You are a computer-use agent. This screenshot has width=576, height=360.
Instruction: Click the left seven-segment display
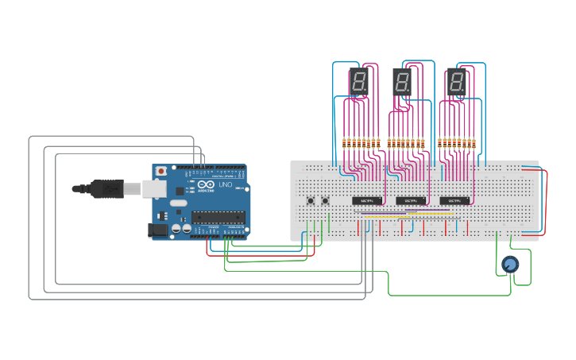point(358,81)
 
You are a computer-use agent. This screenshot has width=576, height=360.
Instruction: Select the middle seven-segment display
point(403,81)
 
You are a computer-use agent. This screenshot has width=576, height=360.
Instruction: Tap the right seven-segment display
point(456,80)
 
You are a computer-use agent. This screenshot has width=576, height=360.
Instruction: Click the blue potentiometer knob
point(510,264)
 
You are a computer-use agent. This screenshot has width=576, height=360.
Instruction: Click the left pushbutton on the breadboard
point(310,200)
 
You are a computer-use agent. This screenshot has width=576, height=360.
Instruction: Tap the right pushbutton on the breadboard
point(325,200)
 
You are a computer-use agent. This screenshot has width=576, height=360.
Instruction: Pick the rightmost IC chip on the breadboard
point(454,201)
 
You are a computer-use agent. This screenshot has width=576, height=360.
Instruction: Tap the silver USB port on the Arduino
point(153,188)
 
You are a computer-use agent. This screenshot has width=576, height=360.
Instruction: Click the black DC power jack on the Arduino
point(158,230)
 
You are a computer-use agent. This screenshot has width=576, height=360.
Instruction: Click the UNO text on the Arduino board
point(225,185)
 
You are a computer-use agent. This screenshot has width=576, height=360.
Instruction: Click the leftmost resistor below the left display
point(344,144)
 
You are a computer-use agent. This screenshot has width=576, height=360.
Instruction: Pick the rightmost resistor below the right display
point(474,144)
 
